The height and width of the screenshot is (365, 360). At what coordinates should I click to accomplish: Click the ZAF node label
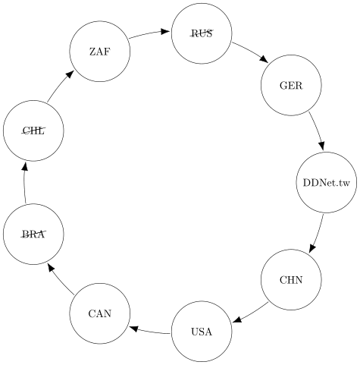(x=100, y=52)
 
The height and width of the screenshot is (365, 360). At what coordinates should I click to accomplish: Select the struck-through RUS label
(x=202, y=33)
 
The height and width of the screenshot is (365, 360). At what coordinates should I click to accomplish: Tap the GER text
(x=291, y=86)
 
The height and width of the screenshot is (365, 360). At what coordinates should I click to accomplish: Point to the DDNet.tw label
(x=327, y=182)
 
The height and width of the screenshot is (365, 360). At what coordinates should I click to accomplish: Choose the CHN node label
(x=291, y=280)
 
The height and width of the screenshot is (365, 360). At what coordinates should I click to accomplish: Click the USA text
(x=202, y=332)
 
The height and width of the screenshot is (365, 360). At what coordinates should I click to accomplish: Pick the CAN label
(x=100, y=313)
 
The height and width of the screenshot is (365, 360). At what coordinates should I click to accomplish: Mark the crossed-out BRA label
(x=33, y=234)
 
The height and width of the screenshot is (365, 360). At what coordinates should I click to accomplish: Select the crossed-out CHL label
(x=33, y=131)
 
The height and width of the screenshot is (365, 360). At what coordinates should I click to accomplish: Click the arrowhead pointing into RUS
(x=165, y=32)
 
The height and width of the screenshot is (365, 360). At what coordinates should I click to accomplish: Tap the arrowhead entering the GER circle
(x=264, y=59)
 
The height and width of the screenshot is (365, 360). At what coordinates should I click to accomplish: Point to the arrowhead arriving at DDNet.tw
(x=321, y=146)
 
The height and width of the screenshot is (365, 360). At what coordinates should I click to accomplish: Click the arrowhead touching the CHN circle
(x=312, y=248)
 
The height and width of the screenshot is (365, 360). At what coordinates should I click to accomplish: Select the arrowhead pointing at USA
(x=237, y=319)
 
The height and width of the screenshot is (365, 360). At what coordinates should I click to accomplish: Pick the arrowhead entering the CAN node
(x=133, y=329)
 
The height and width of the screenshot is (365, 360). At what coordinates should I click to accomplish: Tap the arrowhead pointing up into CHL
(x=25, y=166)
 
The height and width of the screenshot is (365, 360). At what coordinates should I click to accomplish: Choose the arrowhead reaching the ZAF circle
(x=70, y=74)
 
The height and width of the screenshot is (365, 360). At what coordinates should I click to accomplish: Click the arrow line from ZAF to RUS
(x=149, y=34)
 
